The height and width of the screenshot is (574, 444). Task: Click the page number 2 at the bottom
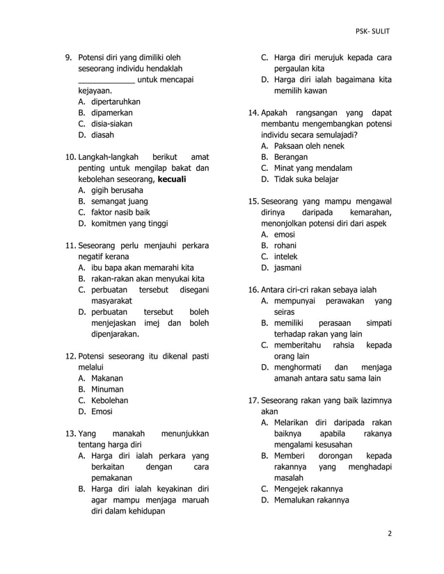(x=389, y=534)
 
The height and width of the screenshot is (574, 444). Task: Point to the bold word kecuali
(x=172, y=179)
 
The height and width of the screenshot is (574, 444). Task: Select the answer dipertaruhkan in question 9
(x=116, y=101)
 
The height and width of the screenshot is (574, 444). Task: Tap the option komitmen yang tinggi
(x=129, y=224)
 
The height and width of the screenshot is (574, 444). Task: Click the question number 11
(x=70, y=246)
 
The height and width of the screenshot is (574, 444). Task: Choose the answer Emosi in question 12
(x=102, y=412)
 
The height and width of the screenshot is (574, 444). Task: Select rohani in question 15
(x=285, y=246)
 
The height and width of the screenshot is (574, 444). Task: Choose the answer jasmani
(x=287, y=268)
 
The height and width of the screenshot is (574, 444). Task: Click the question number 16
(x=253, y=290)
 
